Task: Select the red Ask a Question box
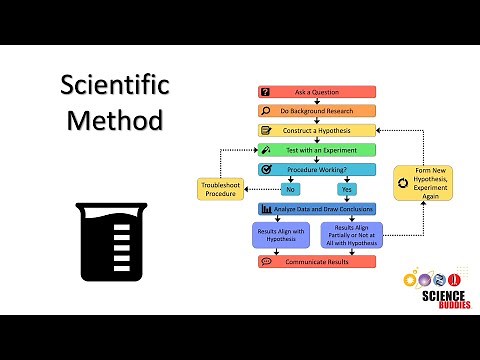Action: point(316,92)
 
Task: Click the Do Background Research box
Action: point(316,111)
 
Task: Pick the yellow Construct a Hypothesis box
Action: point(316,130)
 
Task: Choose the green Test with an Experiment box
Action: point(316,150)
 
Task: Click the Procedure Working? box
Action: point(316,169)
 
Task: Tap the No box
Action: point(291,188)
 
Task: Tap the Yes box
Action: point(347,188)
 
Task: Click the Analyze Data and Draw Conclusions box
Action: point(316,209)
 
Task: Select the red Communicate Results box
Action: point(316,262)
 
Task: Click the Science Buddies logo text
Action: point(430,301)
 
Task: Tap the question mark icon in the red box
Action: point(265,92)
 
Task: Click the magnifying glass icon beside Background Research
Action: point(265,111)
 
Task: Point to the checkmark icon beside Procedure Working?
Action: point(265,169)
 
